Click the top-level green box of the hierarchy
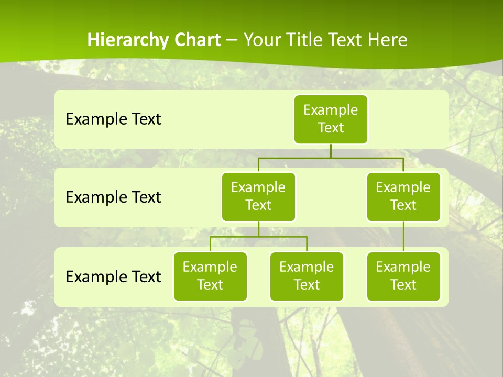331,119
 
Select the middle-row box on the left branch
258,196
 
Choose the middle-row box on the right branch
403,196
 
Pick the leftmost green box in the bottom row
210,276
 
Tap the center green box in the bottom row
307,276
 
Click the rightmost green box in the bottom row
403,276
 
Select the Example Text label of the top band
113,119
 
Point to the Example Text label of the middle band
113,197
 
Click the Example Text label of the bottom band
113,276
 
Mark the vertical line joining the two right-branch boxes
403,237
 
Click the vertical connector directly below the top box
331,151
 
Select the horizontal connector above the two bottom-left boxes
283,237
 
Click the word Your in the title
261,40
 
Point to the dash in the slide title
232,40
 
